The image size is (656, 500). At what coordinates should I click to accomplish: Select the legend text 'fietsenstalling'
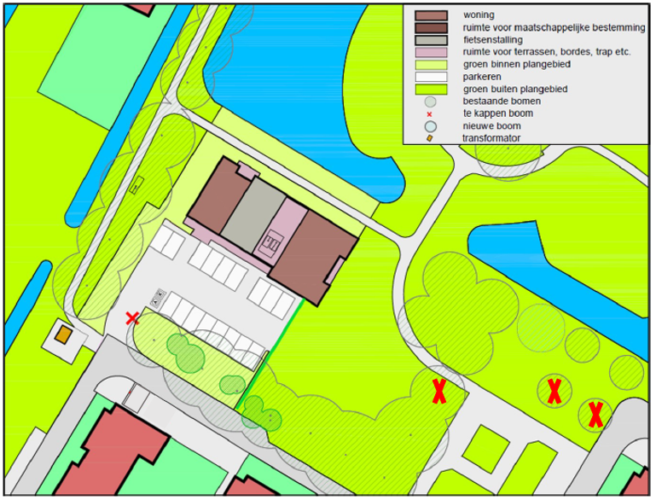pyautogui.click(x=493, y=39)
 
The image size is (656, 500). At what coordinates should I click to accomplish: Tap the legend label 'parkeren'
pyautogui.click(x=484, y=76)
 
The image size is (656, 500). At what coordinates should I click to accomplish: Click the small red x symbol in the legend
pyautogui.click(x=431, y=113)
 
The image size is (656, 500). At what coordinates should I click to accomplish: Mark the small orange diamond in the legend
pyautogui.click(x=431, y=137)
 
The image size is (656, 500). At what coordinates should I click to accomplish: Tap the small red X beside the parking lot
pyautogui.click(x=132, y=318)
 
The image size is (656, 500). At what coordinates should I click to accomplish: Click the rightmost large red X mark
pyautogui.click(x=595, y=415)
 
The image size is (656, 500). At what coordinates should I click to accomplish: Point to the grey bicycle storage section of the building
pyautogui.click(x=253, y=210)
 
